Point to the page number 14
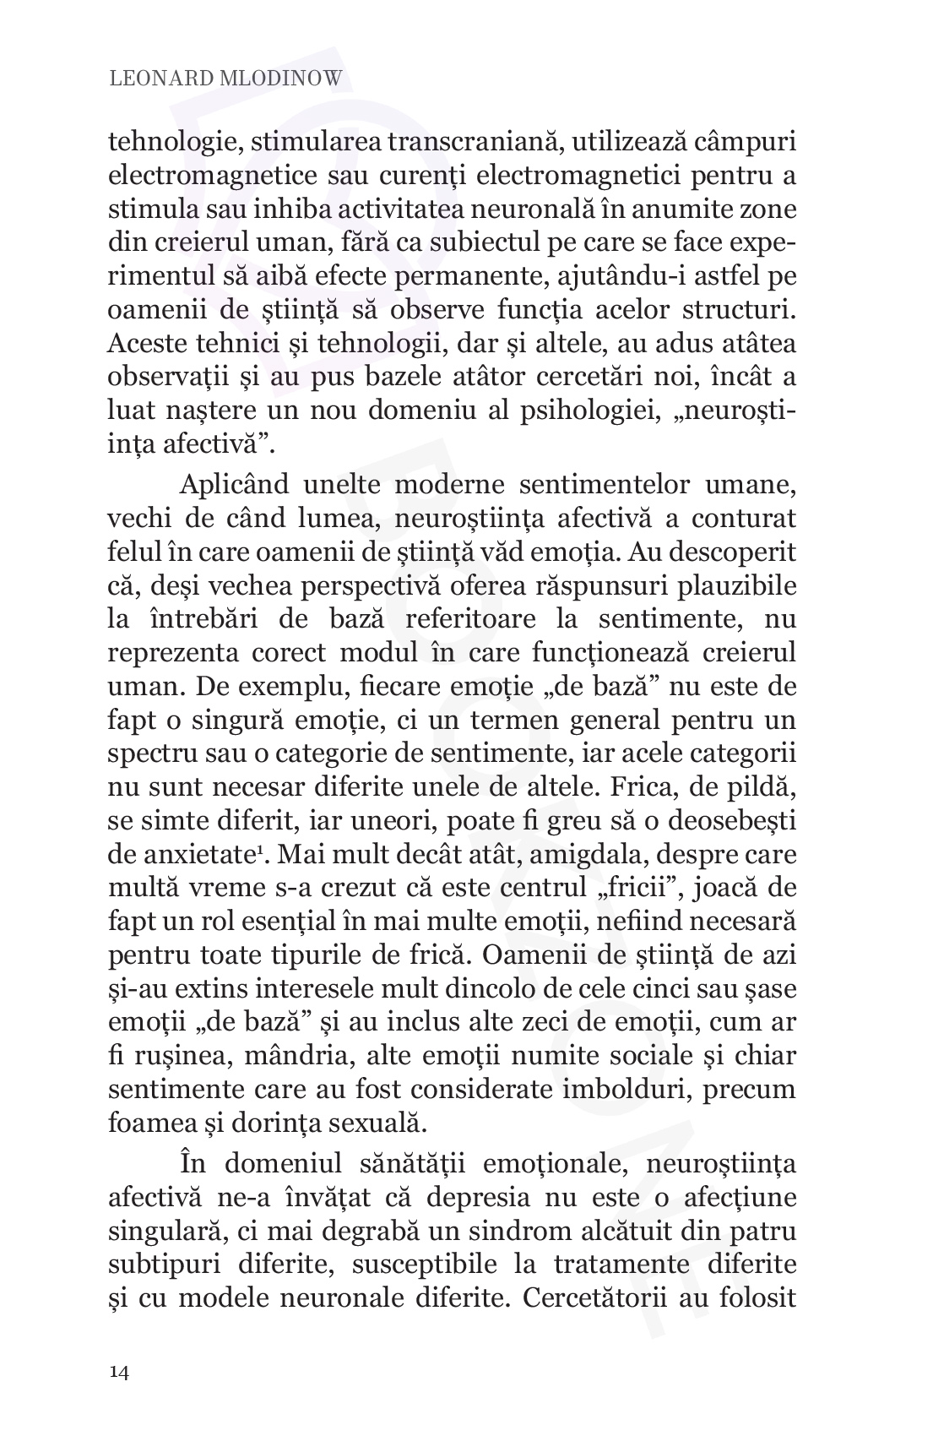click(x=119, y=1372)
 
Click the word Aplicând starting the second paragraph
click(x=234, y=485)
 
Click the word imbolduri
click(x=623, y=1089)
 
